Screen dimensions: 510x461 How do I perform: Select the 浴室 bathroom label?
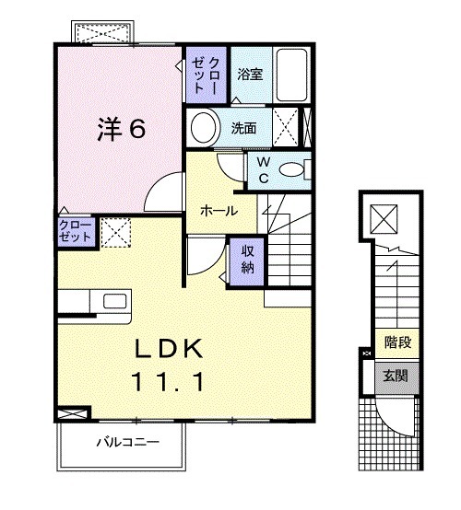pos(250,74)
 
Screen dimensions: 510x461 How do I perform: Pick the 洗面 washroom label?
pos(244,127)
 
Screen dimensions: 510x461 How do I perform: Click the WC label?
pos(263,170)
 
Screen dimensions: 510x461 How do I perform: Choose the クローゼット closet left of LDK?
pos(76,230)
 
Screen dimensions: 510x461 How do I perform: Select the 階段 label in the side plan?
pos(397,342)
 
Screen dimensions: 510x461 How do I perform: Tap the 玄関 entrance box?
pos(397,375)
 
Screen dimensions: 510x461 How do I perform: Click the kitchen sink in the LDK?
pos(116,302)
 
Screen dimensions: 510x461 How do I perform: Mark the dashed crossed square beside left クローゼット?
pos(114,231)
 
